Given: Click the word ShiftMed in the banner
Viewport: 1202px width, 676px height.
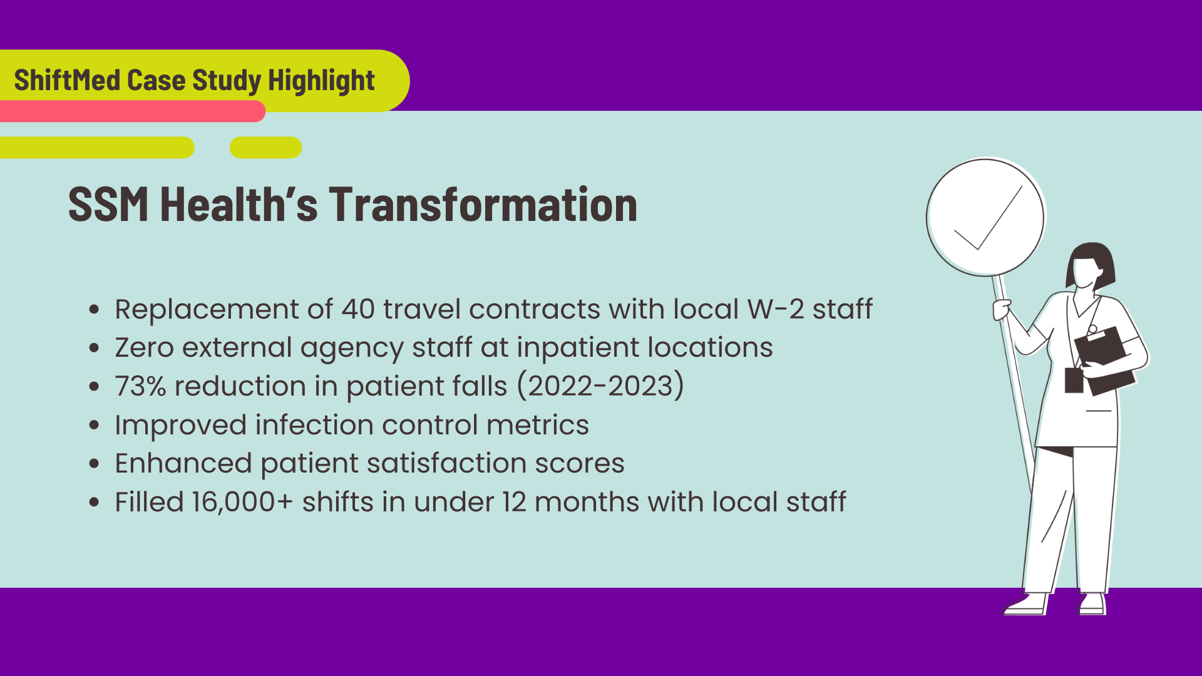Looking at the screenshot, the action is coord(68,80).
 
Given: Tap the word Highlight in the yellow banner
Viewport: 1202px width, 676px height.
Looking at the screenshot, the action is coord(321,81).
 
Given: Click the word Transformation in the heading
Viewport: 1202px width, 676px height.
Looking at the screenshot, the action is coord(483,204).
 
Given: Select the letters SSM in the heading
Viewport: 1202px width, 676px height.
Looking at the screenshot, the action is coord(108,204).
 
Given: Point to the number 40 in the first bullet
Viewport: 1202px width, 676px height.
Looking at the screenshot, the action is coord(358,309).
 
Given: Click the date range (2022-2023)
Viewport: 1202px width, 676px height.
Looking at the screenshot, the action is coord(601,386).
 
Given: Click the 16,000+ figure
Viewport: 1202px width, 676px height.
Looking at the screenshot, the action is coord(242,503).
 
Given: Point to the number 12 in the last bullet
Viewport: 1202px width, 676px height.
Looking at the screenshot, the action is coord(514,503).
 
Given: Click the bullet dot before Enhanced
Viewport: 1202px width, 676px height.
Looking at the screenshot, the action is coord(95,464).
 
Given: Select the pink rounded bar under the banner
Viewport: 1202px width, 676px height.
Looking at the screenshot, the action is coord(133,111).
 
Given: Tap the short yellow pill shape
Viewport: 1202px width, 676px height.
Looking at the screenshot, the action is coord(265,148).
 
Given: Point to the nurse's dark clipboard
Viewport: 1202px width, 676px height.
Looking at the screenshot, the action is coord(1106,361).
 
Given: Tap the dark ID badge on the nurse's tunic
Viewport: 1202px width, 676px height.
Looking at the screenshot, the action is coord(1074,381).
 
